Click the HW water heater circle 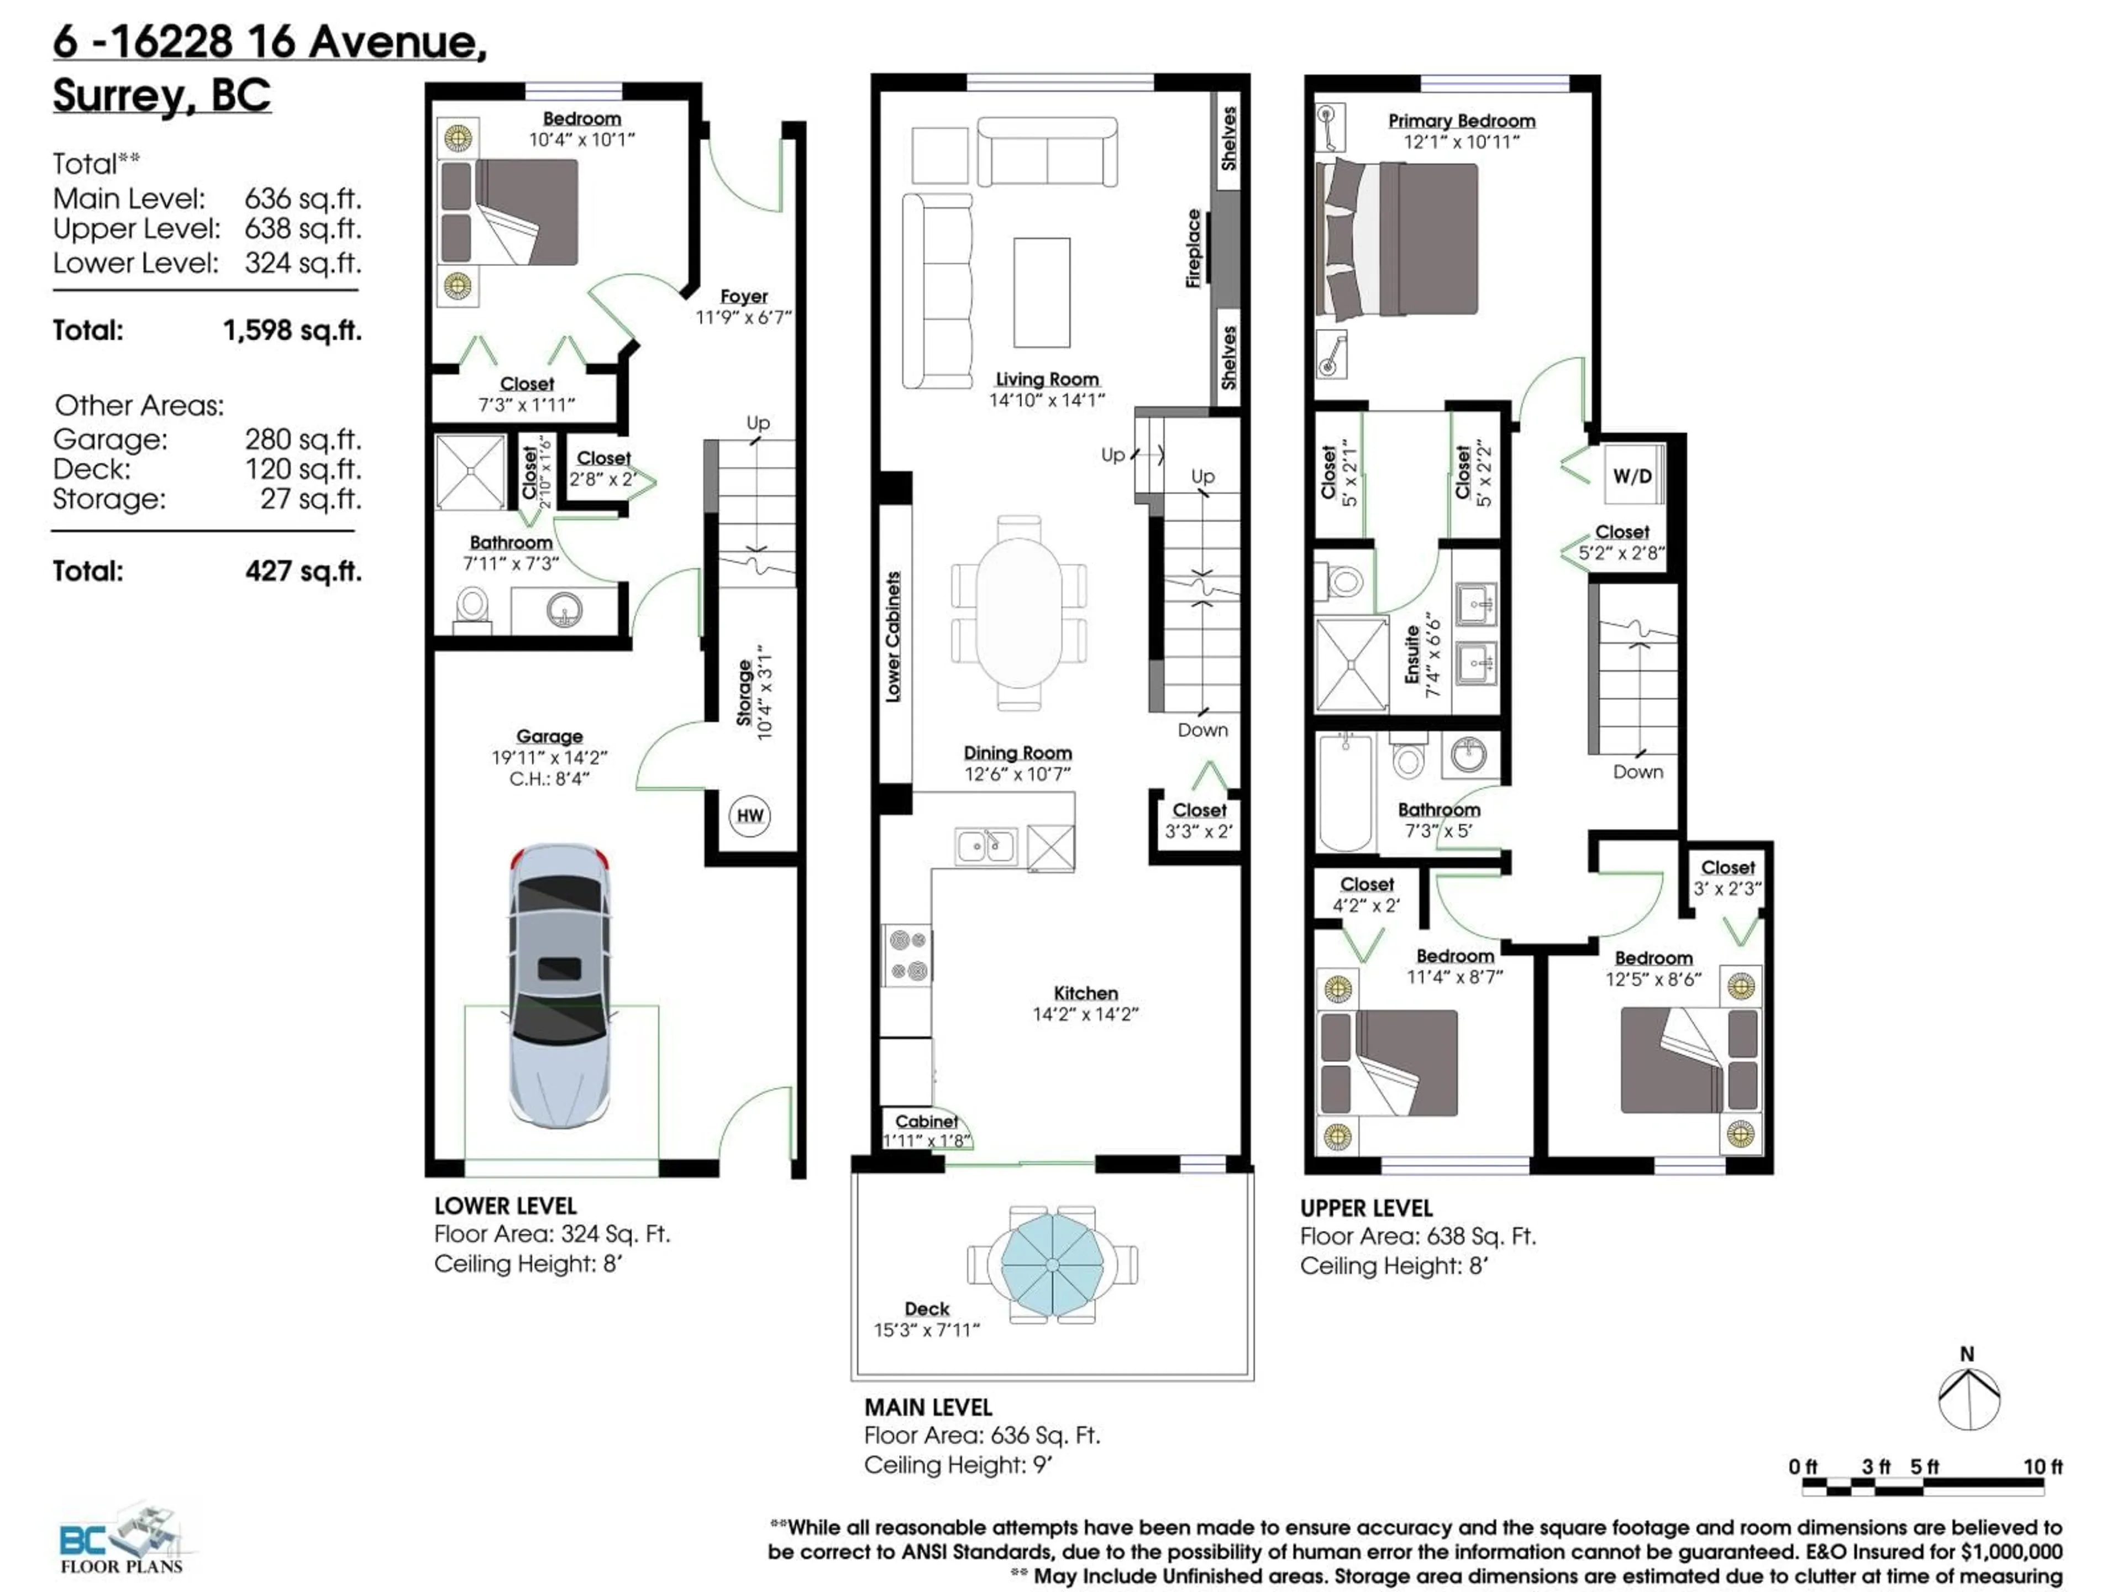(x=750, y=816)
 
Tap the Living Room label (x=1047, y=379)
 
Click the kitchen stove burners (x=907, y=955)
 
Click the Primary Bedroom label (x=1461, y=121)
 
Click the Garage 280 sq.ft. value (x=303, y=439)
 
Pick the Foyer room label (x=743, y=296)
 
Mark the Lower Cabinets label (x=893, y=636)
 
